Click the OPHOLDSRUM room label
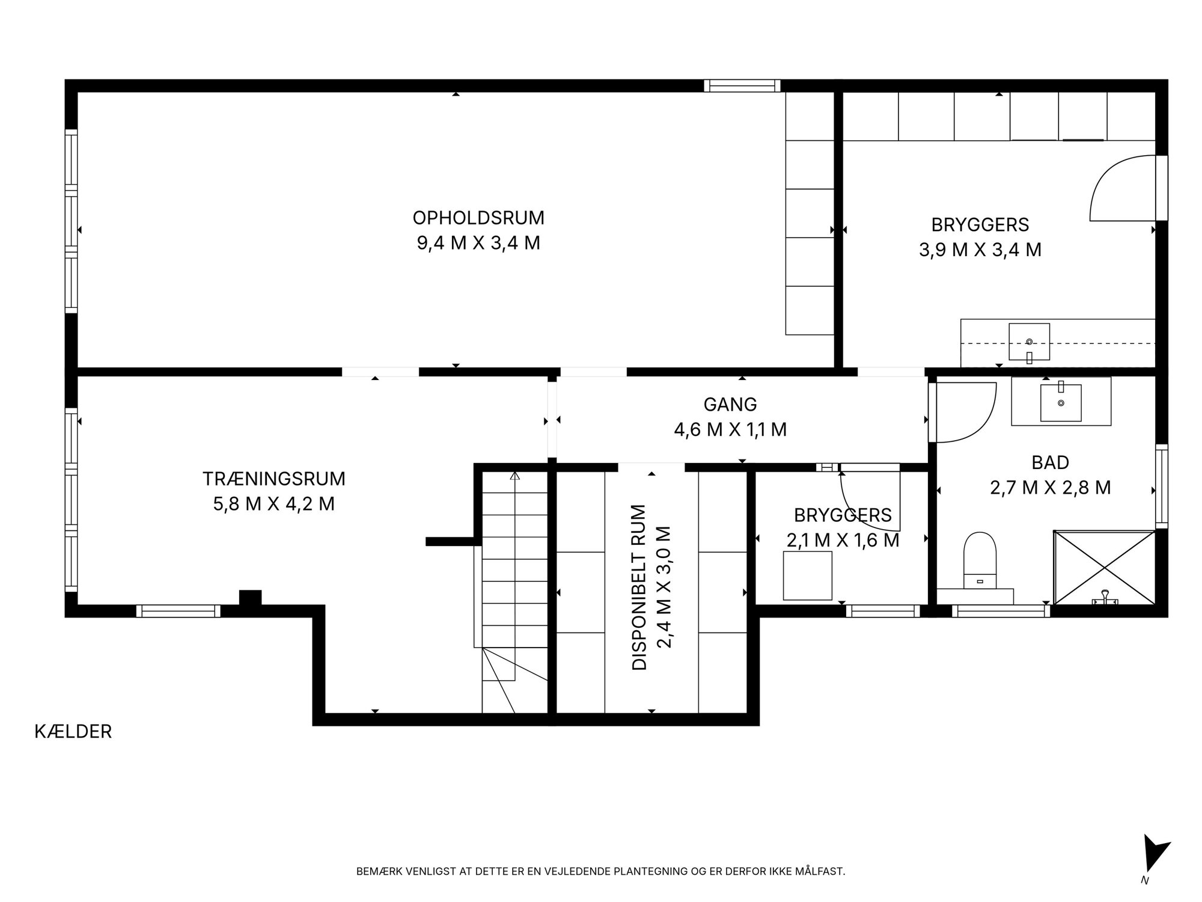(478, 217)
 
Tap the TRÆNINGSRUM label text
(274, 479)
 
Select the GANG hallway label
(730, 405)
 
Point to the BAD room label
(1051, 462)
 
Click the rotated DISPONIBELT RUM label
(639, 587)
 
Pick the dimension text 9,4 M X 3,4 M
(478, 243)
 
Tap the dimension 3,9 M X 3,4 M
(980, 250)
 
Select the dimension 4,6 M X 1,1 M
(730, 430)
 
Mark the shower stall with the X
(1105, 567)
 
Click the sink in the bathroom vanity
(1061, 402)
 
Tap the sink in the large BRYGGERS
(1029, 343)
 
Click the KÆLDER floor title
(73, 732)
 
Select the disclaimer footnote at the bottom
(600, 871)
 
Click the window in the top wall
(742, 85)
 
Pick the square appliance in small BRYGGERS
(808, 575)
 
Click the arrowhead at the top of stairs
(514, 476)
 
